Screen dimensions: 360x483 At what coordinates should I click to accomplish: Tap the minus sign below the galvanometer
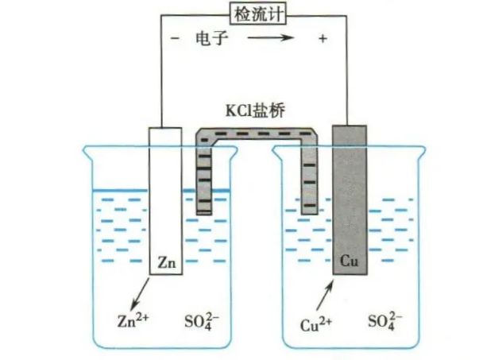174,38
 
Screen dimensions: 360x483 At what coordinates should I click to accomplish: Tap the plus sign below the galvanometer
323,38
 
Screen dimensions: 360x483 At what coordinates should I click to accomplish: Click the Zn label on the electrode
167,259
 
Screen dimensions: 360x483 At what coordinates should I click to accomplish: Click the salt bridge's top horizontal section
257,135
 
